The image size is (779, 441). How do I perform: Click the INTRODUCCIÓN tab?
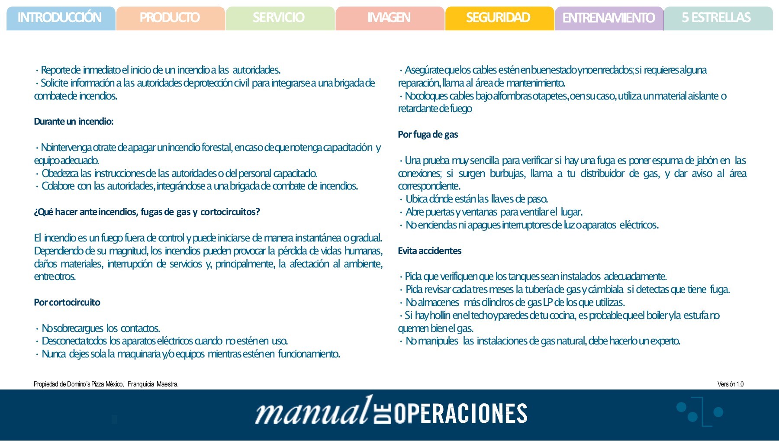click(x=60, y=18)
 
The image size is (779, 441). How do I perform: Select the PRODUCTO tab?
click(x=170, y=18)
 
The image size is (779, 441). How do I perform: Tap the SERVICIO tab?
click(x=279, y=18)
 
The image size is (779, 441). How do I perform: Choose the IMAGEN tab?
click(x=389, y=18)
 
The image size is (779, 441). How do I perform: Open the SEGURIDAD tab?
click(x=499, y=18)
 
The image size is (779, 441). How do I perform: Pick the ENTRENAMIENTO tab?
click(x=608, y=18)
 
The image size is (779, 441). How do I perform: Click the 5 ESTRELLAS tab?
click(x=717, y=18)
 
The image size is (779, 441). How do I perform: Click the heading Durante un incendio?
click(x=74, y=122)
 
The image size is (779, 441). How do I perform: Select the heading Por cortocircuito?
click(x=67, y=303)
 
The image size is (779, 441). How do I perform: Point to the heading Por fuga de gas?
click(x=428, y=135)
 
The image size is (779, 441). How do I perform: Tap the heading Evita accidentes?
click(x=429, y=251)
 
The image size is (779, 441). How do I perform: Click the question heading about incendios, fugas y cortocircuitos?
click(x=147, y=212)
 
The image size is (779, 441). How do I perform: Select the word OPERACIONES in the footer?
click(x=460, y=414)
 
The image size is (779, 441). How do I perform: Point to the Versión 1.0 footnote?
click(x=730, y=384)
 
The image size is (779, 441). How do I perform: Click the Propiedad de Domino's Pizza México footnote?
click(x=106, y=384)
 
